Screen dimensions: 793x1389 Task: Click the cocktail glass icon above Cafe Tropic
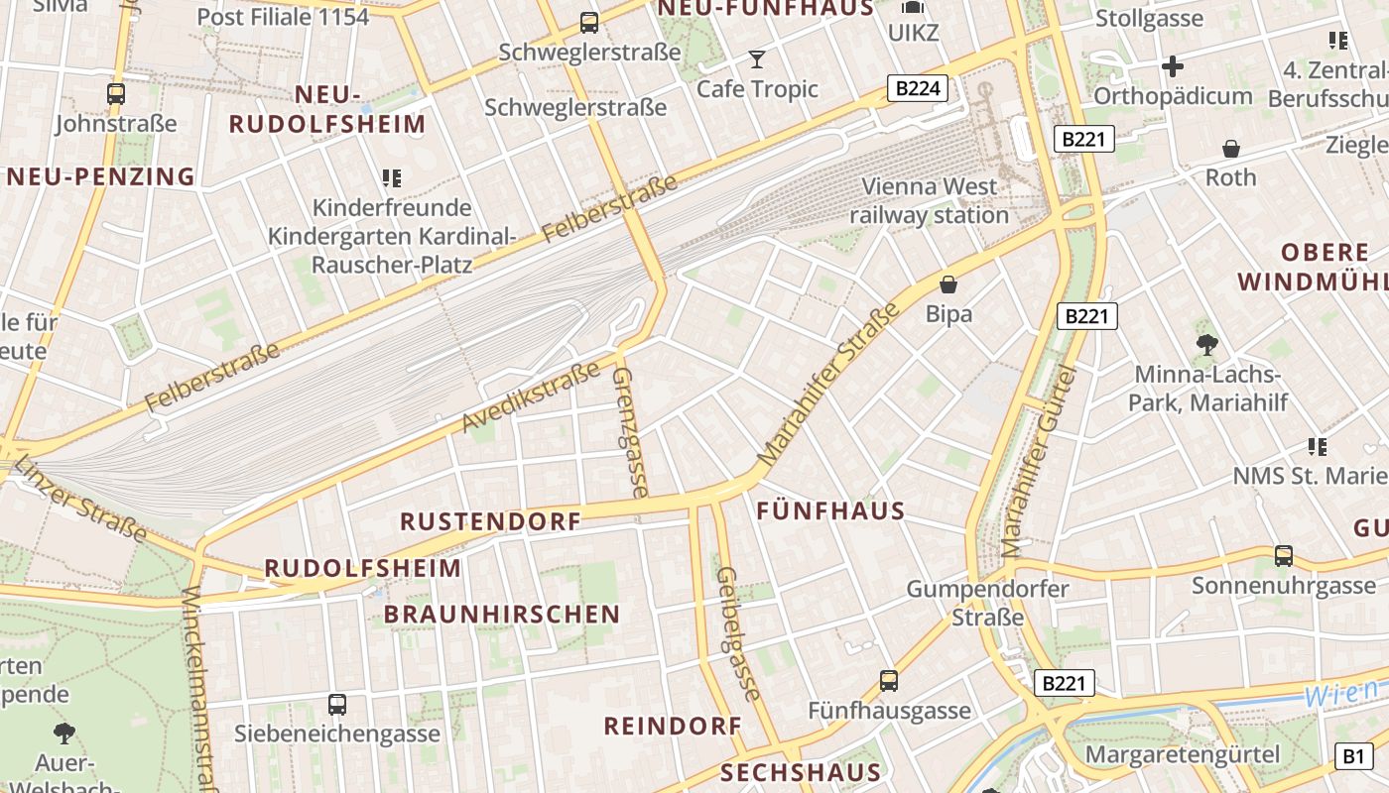757,59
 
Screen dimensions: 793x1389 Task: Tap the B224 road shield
917,89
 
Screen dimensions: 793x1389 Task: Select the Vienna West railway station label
929,200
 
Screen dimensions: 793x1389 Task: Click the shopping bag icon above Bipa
948,284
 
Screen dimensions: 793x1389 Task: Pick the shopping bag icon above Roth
1231,149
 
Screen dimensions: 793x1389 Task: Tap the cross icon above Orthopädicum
1173,66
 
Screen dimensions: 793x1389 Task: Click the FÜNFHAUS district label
830,511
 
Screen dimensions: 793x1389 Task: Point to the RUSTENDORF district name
490,521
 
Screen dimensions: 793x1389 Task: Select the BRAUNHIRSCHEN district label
502,615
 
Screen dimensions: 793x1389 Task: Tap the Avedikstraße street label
531,396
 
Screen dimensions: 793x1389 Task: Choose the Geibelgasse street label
736,634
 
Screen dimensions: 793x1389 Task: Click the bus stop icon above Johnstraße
116,94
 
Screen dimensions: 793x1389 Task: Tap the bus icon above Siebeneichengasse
337,705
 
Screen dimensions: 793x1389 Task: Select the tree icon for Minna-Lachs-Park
1207,345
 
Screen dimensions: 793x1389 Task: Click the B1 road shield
1353,756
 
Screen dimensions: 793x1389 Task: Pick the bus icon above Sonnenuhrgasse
1284,556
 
